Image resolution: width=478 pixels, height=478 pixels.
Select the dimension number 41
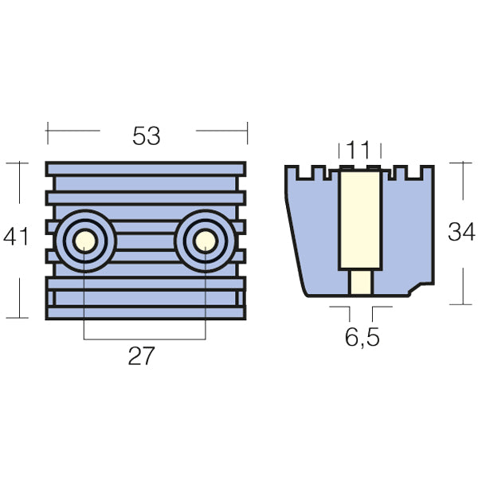(17, 237)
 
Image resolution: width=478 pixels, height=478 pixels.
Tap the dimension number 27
(144, 355)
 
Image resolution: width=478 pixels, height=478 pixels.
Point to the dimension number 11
(359, 148)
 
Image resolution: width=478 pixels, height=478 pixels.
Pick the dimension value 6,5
(362, 337)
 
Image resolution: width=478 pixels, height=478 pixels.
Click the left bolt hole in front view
(84, 241)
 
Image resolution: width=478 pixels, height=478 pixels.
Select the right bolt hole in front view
(206, 241)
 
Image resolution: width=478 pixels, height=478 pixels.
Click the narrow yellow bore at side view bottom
(361, 282)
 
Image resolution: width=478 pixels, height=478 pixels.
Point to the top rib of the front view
(147, 169)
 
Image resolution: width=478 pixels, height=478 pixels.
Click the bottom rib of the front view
(147, 312)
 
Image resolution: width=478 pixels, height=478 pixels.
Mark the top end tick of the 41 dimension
(17, 163)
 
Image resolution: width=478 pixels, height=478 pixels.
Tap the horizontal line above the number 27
(144, 340)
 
